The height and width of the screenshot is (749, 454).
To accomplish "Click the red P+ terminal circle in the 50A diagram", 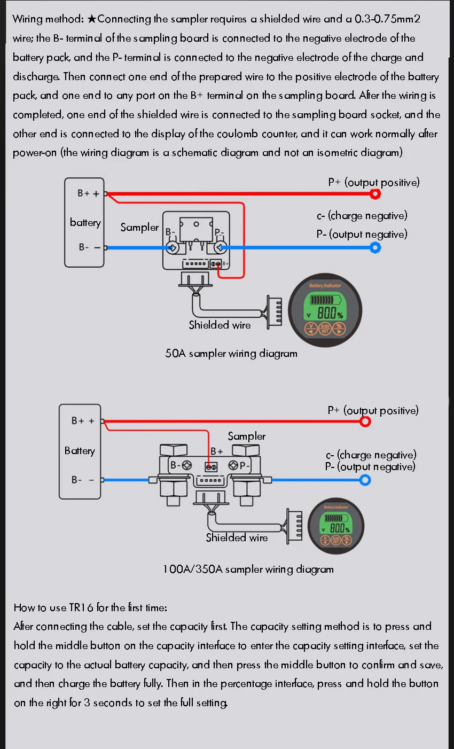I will [375, 194].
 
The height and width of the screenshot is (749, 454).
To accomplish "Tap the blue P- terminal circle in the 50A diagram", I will [375, 248].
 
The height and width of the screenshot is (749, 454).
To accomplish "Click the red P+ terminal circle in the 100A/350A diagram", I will [365, 422].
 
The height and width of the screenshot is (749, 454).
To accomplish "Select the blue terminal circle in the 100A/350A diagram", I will [365, 480].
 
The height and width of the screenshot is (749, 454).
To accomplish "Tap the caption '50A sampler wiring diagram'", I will [231, 353].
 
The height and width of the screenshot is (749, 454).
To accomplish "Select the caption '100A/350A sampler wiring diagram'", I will [248, 569].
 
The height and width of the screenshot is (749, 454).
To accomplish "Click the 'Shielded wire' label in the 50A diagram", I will [220, 325].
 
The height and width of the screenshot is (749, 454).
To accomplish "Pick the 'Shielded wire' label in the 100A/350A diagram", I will [237, 537].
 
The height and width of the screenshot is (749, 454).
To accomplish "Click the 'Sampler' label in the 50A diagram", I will [139, 227].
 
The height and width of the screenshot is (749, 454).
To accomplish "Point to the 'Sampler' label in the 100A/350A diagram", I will [246, 436].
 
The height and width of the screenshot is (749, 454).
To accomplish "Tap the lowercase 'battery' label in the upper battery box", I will [85, 222].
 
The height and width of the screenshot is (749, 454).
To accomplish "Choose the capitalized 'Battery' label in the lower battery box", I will [80, 450].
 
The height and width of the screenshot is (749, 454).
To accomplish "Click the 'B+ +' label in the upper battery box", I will [88, 193].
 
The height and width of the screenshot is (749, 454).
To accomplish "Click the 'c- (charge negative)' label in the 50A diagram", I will [362, 215].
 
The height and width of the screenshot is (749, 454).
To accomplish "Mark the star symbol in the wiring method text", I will [92, 19].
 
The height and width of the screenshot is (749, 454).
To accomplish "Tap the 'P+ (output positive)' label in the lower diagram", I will [373, 410].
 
